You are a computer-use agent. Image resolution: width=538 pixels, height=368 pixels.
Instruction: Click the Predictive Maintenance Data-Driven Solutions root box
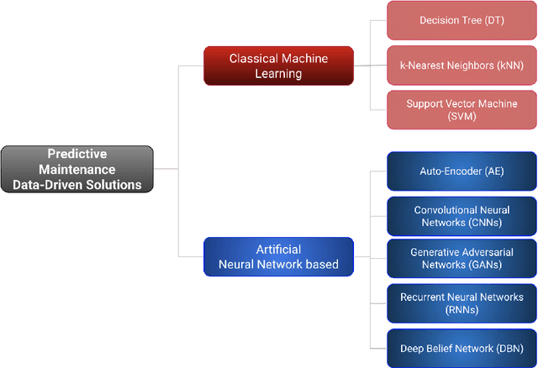[77, 169]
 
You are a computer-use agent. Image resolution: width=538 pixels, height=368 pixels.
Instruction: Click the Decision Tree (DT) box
[461, 20]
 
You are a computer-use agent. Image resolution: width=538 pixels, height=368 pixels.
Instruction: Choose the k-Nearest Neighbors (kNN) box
[461, 65]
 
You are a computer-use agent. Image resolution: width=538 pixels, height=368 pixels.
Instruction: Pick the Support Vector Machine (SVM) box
[461, 110]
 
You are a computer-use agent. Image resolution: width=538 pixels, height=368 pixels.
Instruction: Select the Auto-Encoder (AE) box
[461, 171]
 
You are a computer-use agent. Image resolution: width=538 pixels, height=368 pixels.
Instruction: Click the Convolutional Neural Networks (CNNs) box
[461, 217]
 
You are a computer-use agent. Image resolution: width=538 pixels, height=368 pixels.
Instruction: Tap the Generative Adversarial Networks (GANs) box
[461, 258]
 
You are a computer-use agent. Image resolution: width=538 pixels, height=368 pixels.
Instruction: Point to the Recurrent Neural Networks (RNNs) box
[461, 303]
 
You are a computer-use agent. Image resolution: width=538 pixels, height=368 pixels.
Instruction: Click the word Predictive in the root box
[76, 154]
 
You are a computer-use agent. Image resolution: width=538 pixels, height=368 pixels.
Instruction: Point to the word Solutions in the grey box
[114, 185]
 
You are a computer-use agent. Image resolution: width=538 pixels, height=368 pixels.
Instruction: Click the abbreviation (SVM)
[462, 117]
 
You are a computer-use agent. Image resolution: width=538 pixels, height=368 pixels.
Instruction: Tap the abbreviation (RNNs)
[462, 310]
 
